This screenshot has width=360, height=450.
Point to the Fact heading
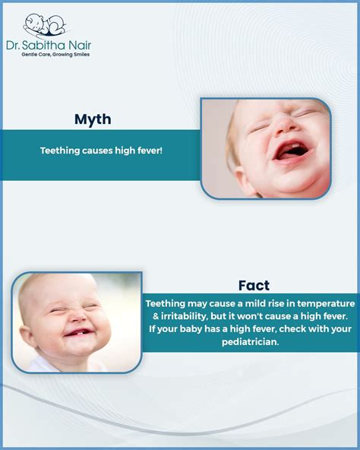tap(253, 285)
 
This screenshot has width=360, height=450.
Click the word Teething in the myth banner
tap(60, 151)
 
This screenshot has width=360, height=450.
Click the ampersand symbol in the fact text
tap(150, 315)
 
